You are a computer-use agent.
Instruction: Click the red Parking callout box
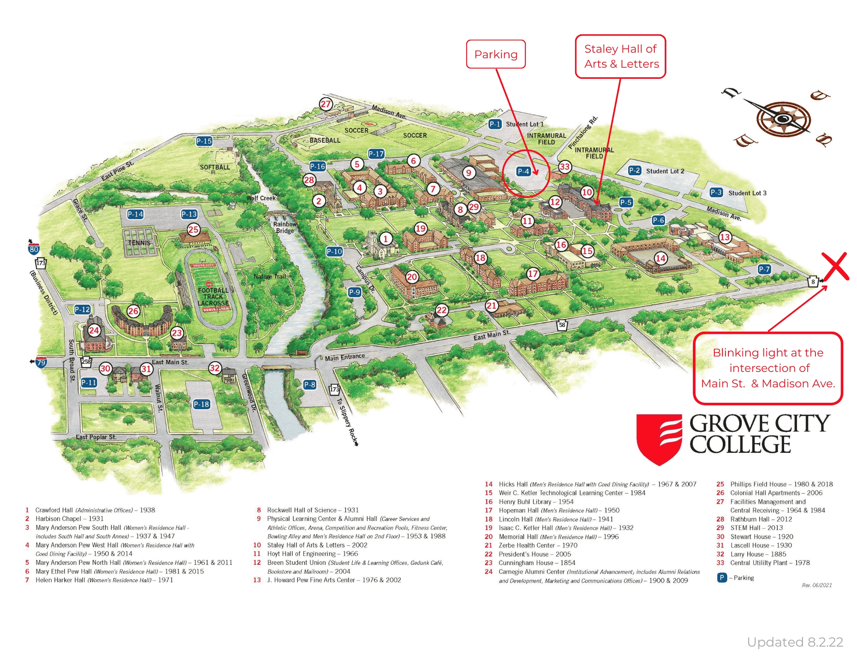point(496,54)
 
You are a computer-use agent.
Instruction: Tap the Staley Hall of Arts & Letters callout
point(620,57)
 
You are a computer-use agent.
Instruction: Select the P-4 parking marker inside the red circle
point(524,171)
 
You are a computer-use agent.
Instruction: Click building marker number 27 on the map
point(326,104)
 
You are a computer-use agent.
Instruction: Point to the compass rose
point(783,118)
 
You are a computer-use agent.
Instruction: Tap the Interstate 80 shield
point(34,249)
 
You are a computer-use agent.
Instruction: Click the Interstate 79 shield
point(41,362)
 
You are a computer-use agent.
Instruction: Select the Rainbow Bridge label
point(285,227)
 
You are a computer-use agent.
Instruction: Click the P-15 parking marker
point(204,141)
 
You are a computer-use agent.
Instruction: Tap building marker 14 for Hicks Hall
point(660,258)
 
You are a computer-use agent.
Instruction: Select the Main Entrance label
point(345,357)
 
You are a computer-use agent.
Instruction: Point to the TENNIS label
point(139,243)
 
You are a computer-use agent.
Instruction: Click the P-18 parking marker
point(201,404)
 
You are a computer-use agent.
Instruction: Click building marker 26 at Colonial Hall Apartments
point(133,311)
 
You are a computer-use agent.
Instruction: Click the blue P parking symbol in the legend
point(722,578)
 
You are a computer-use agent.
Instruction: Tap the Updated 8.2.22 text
point(795,642)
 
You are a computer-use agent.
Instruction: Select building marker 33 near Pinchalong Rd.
point(565,167)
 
